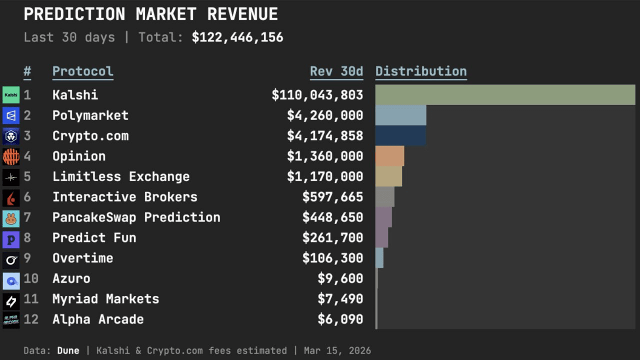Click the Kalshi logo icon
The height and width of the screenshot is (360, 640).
coord(11,95)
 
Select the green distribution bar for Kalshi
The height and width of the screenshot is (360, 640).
coord(505,95)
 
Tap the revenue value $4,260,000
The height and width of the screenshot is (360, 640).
coord(325,115)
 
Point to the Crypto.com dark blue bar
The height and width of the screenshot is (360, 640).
coord(400,135)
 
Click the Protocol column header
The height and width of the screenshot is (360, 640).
coord(83,71)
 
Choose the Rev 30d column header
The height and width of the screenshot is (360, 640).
coord(336,71)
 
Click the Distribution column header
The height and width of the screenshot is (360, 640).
coord(421,71)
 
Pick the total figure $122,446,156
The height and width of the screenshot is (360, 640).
coord(237,37)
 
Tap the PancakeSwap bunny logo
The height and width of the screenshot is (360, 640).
coord(11,217)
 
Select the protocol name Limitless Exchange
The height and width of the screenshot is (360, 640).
coord(121,176)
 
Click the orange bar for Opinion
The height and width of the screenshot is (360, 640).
coord(389,156)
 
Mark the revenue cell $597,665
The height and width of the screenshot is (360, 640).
coord(332,197)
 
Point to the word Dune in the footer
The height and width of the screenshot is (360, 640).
coord(68,350)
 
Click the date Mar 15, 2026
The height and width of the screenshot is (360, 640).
coord(337,350)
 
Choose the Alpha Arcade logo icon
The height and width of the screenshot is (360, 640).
coord(11,319)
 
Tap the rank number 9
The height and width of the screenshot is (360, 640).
coord(27,258)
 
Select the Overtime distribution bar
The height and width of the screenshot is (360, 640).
coord(379,258)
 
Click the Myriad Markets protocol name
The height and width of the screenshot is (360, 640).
coord(105,299)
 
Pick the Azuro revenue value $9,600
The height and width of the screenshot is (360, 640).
coord(340,278)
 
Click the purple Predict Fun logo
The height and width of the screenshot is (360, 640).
coord(11,238)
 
